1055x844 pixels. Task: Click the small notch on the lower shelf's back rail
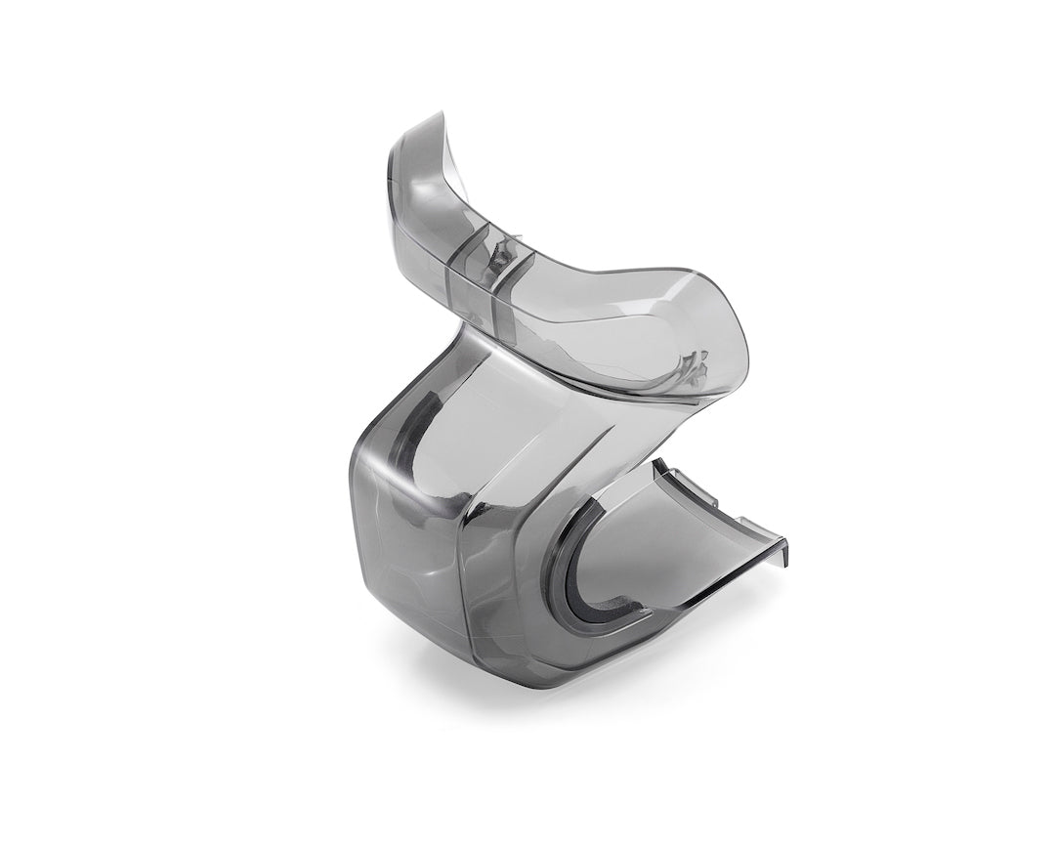719,503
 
